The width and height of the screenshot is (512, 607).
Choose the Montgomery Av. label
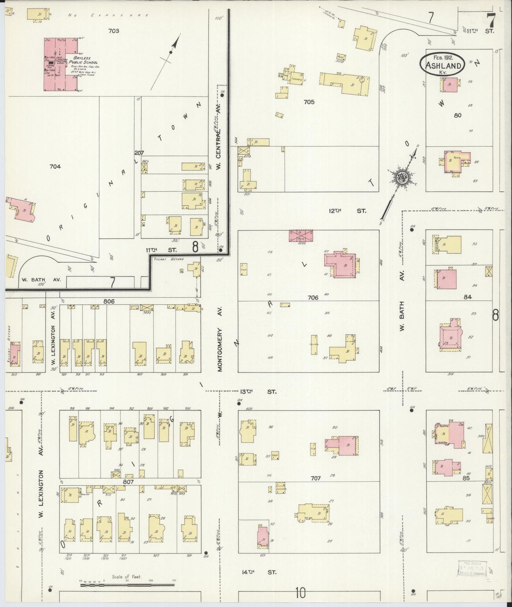(x=220, y=349)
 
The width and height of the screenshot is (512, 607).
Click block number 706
(x=313, y=297)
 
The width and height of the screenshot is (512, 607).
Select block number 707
(x=315, y=478)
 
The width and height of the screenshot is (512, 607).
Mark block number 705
(x=309, y=102)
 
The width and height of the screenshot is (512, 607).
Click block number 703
(x=113, y=31)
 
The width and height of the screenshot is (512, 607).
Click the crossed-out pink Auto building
(x=301, y=236)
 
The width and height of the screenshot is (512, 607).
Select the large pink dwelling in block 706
(x=340, y=264)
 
